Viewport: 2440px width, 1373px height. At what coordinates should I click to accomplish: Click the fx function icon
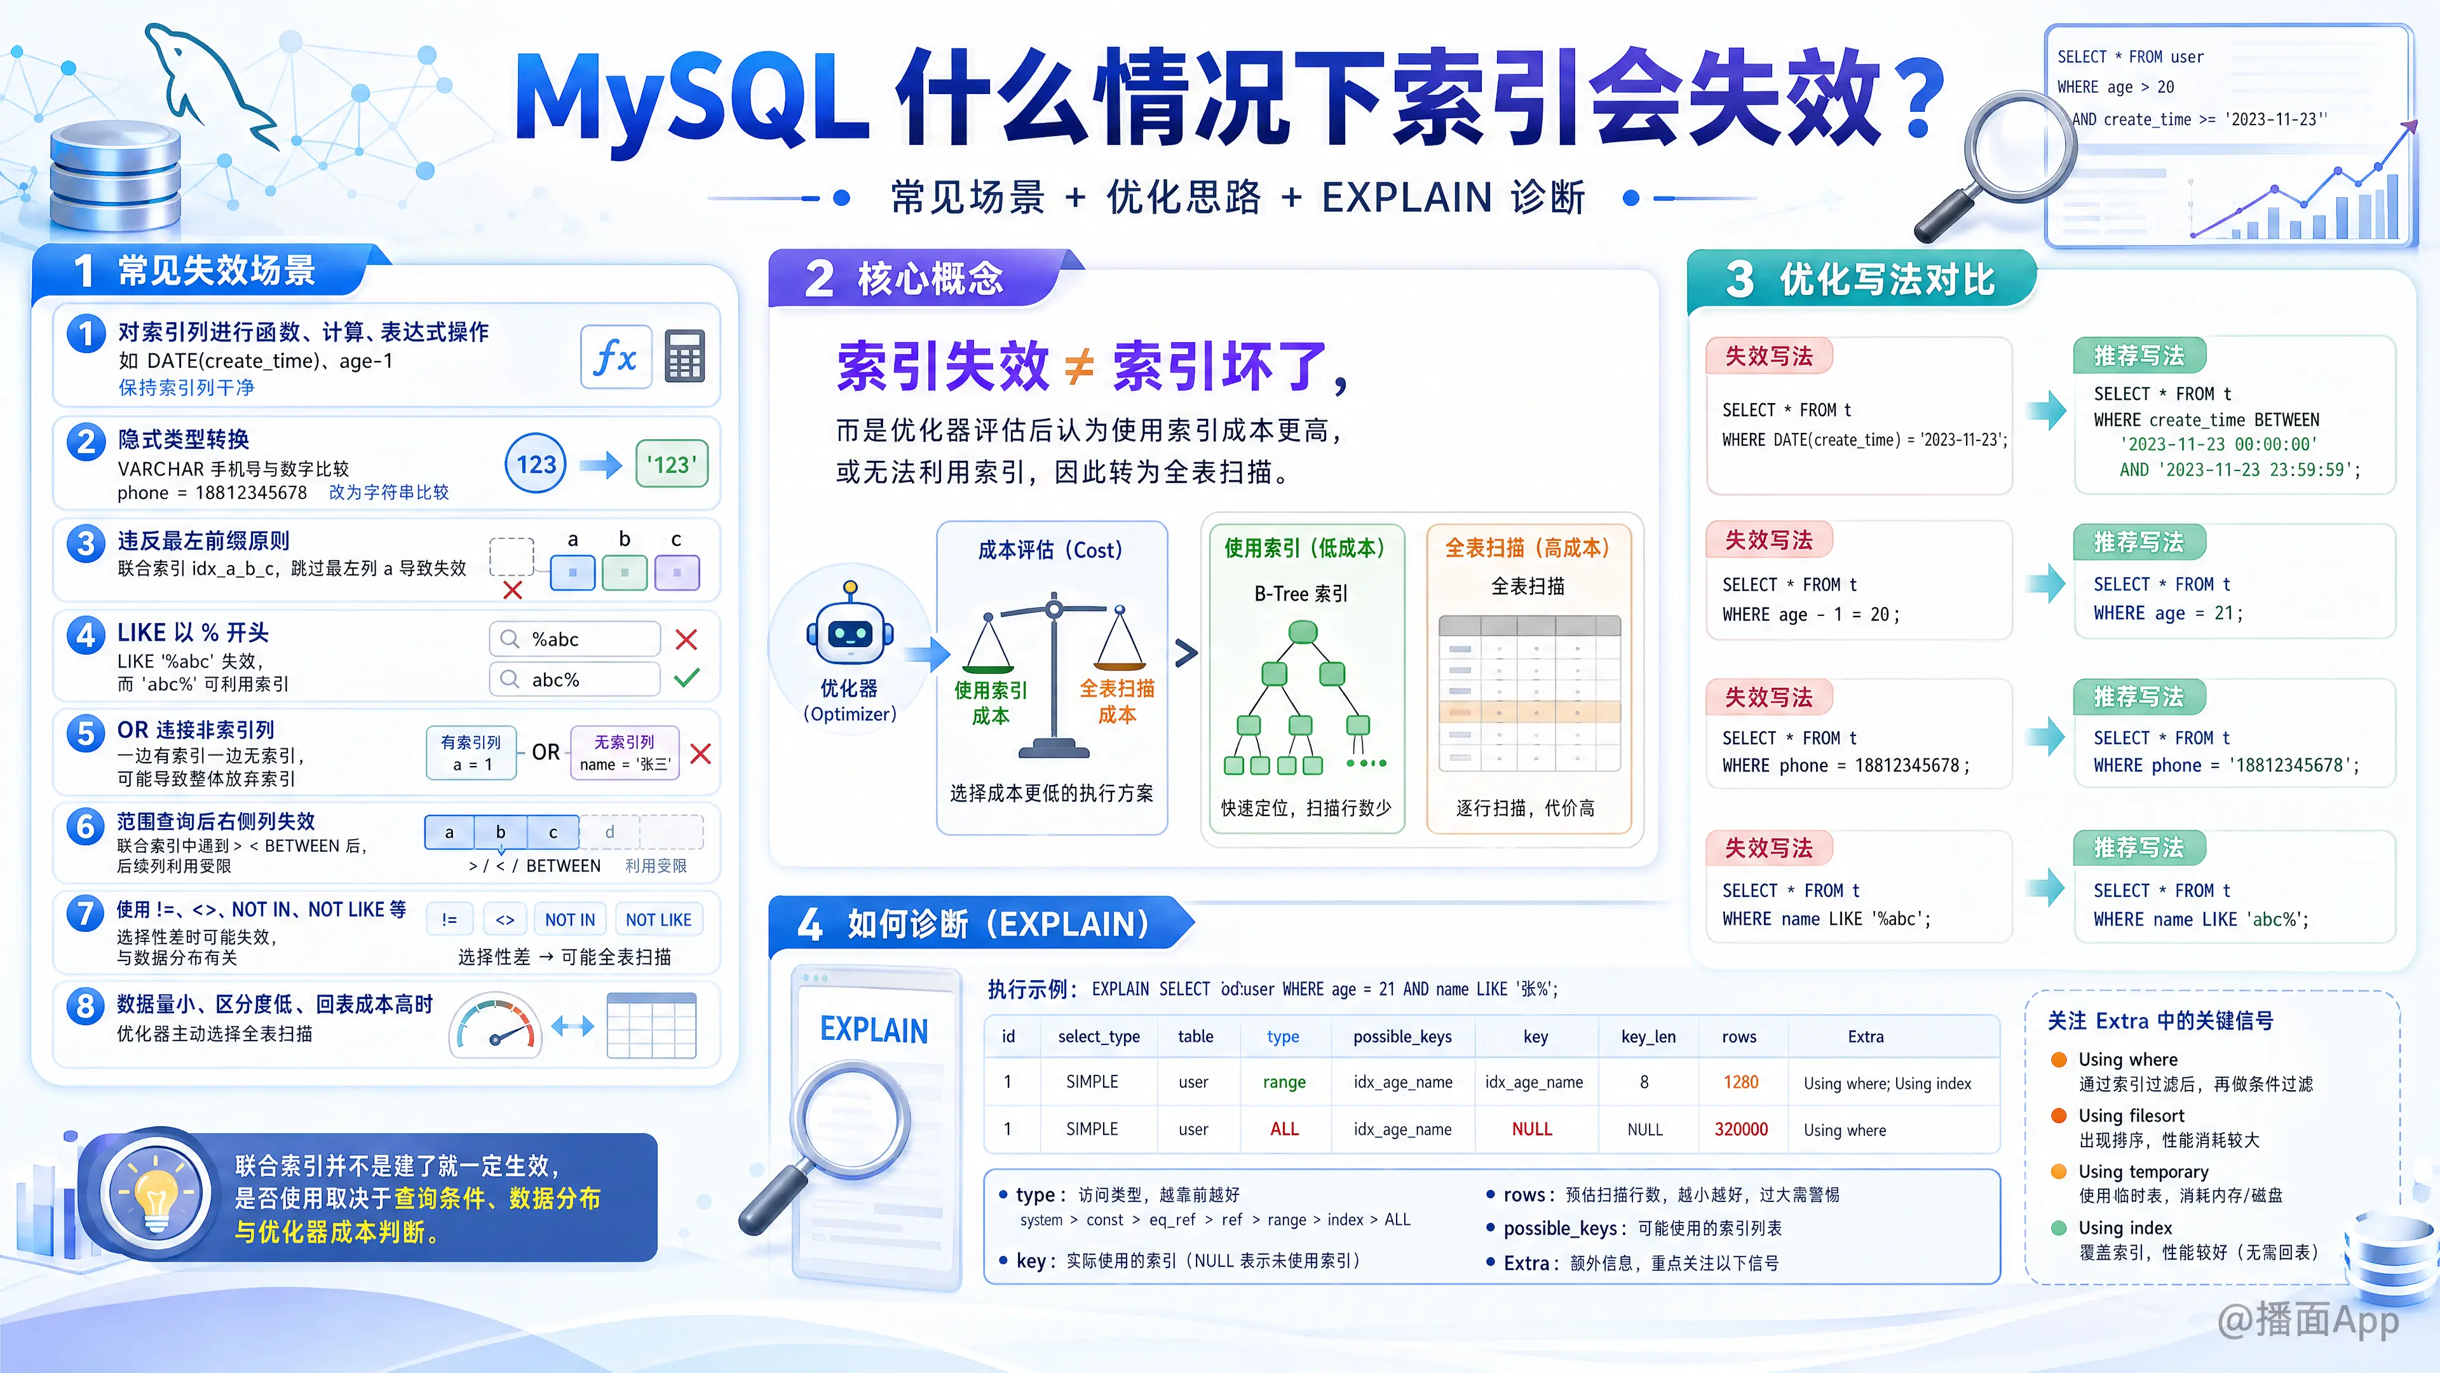(x=616, y=357)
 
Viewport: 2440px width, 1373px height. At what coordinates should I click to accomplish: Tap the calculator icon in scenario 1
(x=685, y=356)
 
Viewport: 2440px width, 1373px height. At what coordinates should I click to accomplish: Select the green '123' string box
(x=672, y=464)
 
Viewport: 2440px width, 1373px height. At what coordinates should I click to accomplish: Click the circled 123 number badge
(x=536, y=464)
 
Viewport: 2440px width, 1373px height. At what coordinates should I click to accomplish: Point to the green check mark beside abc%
(x=687, y=678)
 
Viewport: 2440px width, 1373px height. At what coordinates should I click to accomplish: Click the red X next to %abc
(x=687, y=639)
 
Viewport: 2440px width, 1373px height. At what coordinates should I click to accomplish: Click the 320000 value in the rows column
(x=1741, y=1130)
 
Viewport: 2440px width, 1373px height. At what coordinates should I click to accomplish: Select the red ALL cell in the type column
(x=1284, y=1130)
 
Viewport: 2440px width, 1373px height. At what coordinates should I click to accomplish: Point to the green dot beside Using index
(x=2058, y=1228)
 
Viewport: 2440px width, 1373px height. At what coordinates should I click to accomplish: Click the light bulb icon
(x=157, y=1196)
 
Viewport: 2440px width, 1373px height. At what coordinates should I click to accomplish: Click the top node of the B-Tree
(x=1303, y=631)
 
